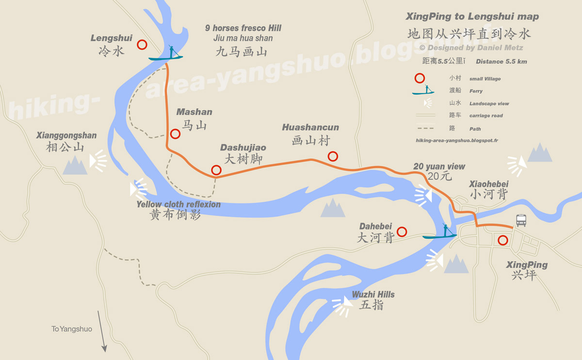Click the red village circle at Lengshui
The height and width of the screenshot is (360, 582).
(142, 45)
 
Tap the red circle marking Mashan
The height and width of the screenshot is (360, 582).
(175, 133)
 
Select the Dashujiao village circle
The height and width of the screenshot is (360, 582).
(216, 170)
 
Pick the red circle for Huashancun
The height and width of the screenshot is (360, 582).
(332, 156)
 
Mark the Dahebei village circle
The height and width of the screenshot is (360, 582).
(402, 232)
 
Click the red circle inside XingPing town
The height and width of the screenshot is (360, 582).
(502, 240)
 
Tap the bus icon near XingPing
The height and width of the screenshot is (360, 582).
(521, 220)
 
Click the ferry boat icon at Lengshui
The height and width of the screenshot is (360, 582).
(166, 54)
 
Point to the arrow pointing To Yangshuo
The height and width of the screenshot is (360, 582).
(101, 331)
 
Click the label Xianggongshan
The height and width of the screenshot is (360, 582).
(66, 136)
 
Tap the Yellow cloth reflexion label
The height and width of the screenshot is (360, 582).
(178, 204)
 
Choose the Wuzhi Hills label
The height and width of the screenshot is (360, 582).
(373, 295)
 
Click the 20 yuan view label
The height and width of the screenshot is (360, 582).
(439, 166)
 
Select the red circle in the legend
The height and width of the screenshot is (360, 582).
(420, 78)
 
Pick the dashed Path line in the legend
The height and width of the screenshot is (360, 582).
(426, 129)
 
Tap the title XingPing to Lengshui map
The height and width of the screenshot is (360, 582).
(472, 16)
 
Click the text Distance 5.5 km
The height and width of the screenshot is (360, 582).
(501, 62)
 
